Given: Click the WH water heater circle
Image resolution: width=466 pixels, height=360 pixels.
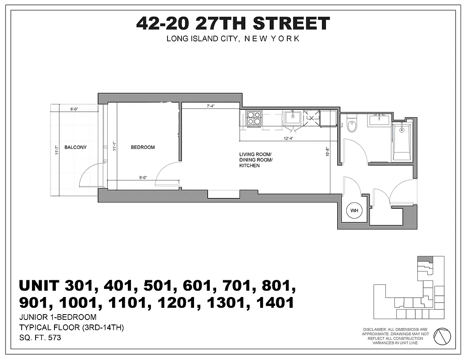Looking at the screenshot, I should point(354,211).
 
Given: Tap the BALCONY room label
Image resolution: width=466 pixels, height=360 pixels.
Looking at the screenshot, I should point(75,147).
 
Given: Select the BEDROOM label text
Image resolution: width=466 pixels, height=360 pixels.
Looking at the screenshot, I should point(143,147).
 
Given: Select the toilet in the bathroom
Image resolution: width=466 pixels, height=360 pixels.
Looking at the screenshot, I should point(352,125).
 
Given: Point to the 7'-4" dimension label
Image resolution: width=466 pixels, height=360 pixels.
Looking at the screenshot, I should point(210,107).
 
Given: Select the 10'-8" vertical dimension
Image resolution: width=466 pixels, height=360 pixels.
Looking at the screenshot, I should point(327,152).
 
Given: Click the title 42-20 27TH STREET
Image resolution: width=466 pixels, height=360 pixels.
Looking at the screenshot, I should point(233,23).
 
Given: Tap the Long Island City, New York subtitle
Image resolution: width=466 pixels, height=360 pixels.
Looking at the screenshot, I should point(233,39).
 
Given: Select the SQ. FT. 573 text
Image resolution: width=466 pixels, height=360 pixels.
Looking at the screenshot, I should point(40,337).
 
